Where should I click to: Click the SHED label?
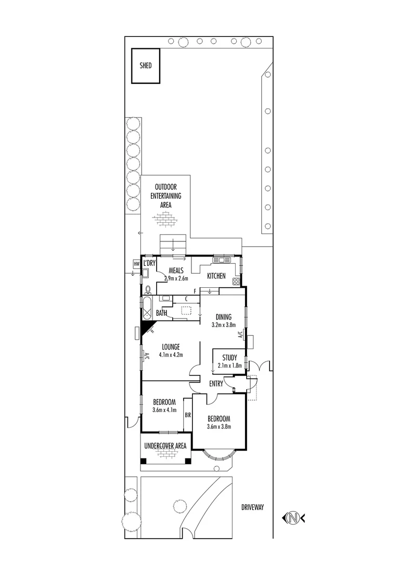coord(146,66)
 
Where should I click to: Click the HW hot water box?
coord(137,264)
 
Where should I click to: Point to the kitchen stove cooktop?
coord(236,282)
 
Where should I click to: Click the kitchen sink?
coord(225,260)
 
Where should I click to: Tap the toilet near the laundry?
coord(148,289)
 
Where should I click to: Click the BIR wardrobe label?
coord(187,415)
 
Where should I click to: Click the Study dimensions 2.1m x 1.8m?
coord(229,365)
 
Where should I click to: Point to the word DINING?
coord(224,317)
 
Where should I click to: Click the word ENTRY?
coord(215,384)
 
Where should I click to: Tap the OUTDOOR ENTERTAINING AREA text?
coord(166,196)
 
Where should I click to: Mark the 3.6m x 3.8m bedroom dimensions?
coord(219,427)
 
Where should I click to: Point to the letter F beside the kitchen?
coord(194,291)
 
